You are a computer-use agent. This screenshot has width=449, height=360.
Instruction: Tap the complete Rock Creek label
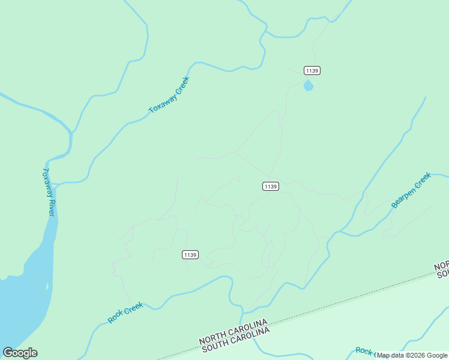tap(125, 313)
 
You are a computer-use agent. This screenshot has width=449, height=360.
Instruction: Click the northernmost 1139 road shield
tap(312, 70)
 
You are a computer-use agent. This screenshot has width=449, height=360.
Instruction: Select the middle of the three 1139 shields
tap(270, 187)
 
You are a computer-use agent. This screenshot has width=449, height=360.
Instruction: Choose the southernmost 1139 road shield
tap(190, 255)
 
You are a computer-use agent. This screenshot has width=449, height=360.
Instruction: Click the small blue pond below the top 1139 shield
tap(309, 86)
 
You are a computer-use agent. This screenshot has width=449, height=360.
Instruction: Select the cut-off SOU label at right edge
tap(443, 274)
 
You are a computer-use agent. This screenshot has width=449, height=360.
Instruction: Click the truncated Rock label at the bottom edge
tap(364, 351)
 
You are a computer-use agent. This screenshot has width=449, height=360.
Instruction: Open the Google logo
tap(20, 353)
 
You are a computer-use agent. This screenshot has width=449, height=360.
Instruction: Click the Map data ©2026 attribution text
tap(412, 355)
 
